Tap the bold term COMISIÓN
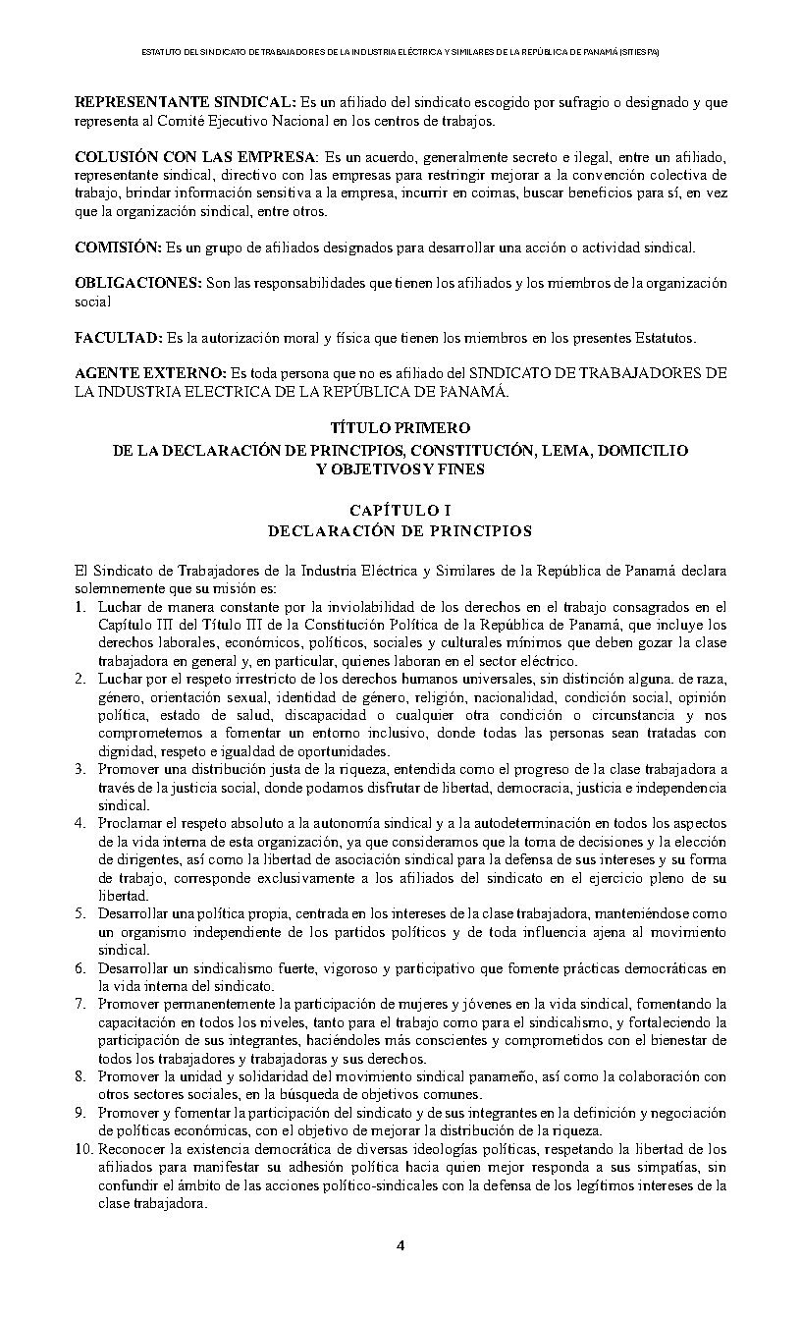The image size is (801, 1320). click(x=118, y=246)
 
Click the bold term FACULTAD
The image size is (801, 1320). click(x=118, y=338)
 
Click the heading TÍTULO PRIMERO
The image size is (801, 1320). click(x=400, y=428)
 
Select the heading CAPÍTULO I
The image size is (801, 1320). click(x=400, y=510)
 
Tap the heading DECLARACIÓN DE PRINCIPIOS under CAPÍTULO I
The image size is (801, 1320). click(x=400, y=531)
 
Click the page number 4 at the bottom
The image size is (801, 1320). click(x=400, y=1246)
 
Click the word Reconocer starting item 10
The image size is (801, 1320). click(x=130, y=1149)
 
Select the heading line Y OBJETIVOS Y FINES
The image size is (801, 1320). click(x=400, y=469)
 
